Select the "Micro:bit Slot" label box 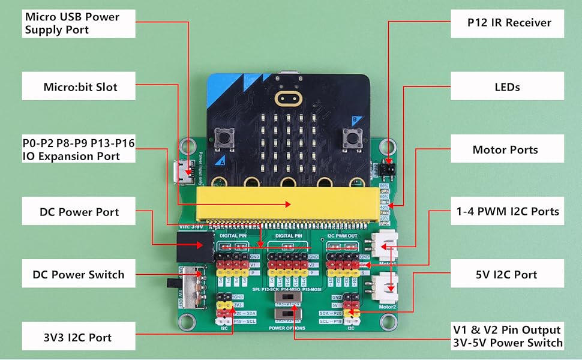(79, 87)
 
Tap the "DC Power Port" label (79, 212)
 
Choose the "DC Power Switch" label (79, 275)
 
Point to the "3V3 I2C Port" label (79, 337)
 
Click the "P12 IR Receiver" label (508, 23)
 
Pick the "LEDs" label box (508, 87)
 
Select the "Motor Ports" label (508, 149)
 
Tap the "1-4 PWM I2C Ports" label (508, 211)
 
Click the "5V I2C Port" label (508, 274)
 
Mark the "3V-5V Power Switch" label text (508, 343)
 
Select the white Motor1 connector (384, 244)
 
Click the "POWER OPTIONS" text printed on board (287, 328)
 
